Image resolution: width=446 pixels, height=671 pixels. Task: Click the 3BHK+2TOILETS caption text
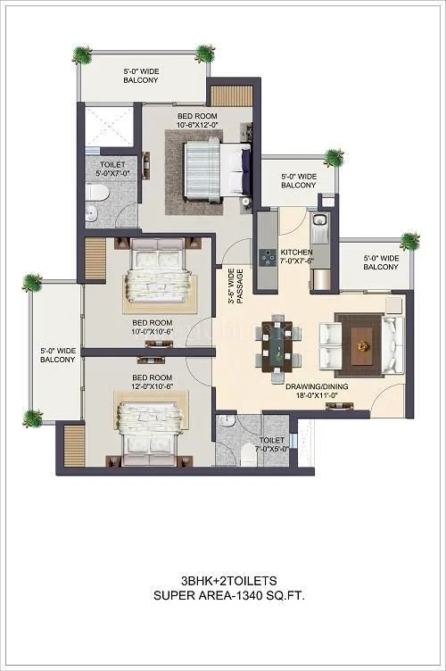(x=223, y=578)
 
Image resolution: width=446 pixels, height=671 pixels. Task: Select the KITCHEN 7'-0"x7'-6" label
(x=297, y=257)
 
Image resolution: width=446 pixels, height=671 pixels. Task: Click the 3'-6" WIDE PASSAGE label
(x=235, y=288)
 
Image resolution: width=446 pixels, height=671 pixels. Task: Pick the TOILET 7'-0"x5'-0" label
(x=272, y=445)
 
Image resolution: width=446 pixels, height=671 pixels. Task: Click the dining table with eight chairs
(x=278, y=343)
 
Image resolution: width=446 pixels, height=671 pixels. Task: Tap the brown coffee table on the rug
(x=361, y=340)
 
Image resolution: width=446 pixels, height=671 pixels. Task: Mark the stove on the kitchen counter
(x=266, y=257)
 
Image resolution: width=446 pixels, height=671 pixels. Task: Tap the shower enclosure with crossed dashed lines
(x=111, y=126)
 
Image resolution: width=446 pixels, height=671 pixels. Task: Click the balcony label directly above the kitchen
(x=299, y=181)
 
